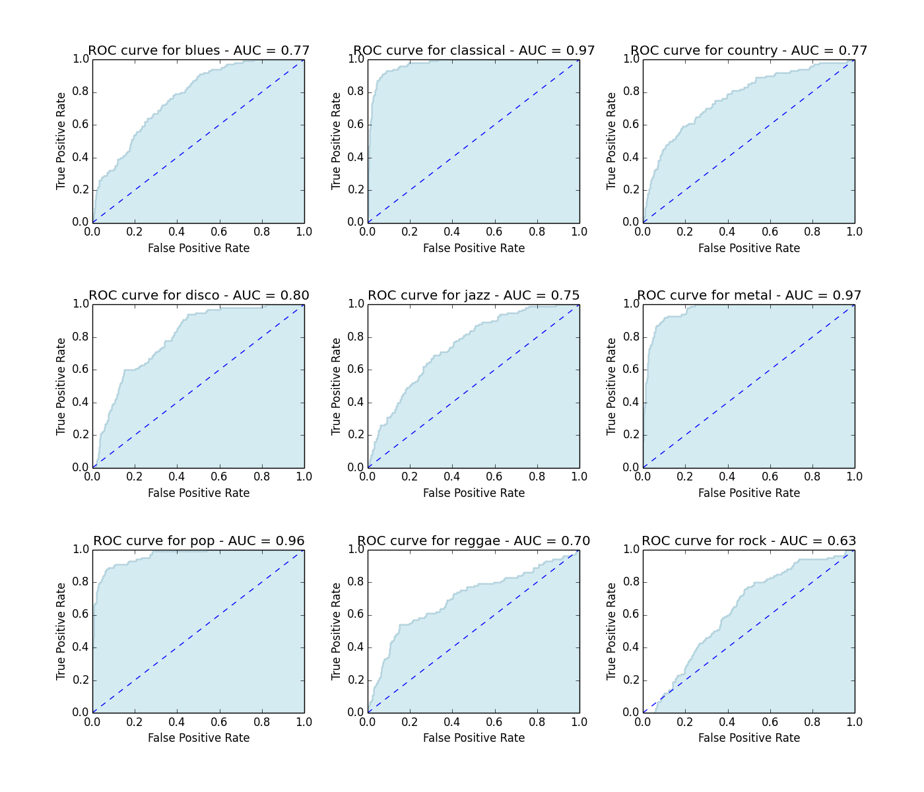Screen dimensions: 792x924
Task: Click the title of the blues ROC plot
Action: [x=199, y=51]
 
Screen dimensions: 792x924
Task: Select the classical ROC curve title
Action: [x=474, y=51]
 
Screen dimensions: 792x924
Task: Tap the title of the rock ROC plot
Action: [x=749, y=541]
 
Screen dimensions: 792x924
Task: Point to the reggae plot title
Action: [x=474, y=541]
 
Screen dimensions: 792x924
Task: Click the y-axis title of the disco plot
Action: [x=61, y=386]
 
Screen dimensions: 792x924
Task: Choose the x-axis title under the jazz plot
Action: [x=474, y=493]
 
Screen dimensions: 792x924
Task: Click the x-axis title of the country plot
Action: [x=749, y=248]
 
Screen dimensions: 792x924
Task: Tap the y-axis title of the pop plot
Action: [x=61, y=631]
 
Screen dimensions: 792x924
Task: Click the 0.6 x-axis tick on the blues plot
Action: [x=219, y=232]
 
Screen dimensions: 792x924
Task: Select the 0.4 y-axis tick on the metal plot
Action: [x=632, y=402]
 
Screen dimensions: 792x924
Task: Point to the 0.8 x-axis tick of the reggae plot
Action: [x=537, y=722]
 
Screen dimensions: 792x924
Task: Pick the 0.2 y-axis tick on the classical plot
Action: [x=356, y=190]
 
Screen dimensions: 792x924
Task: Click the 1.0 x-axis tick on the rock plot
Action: [x=854, y=722]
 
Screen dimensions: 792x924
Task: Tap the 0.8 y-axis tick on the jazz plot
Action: [x=356, y=337]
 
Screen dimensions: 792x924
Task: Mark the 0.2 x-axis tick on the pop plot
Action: [x=135, y=722]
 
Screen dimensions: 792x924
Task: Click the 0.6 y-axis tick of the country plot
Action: [x=632, y=125]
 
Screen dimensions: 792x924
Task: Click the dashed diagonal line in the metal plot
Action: [x=749, y=386]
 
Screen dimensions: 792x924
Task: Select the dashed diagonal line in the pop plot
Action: [x=199, y=631]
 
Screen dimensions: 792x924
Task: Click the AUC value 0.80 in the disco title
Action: [x=293, y=296]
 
